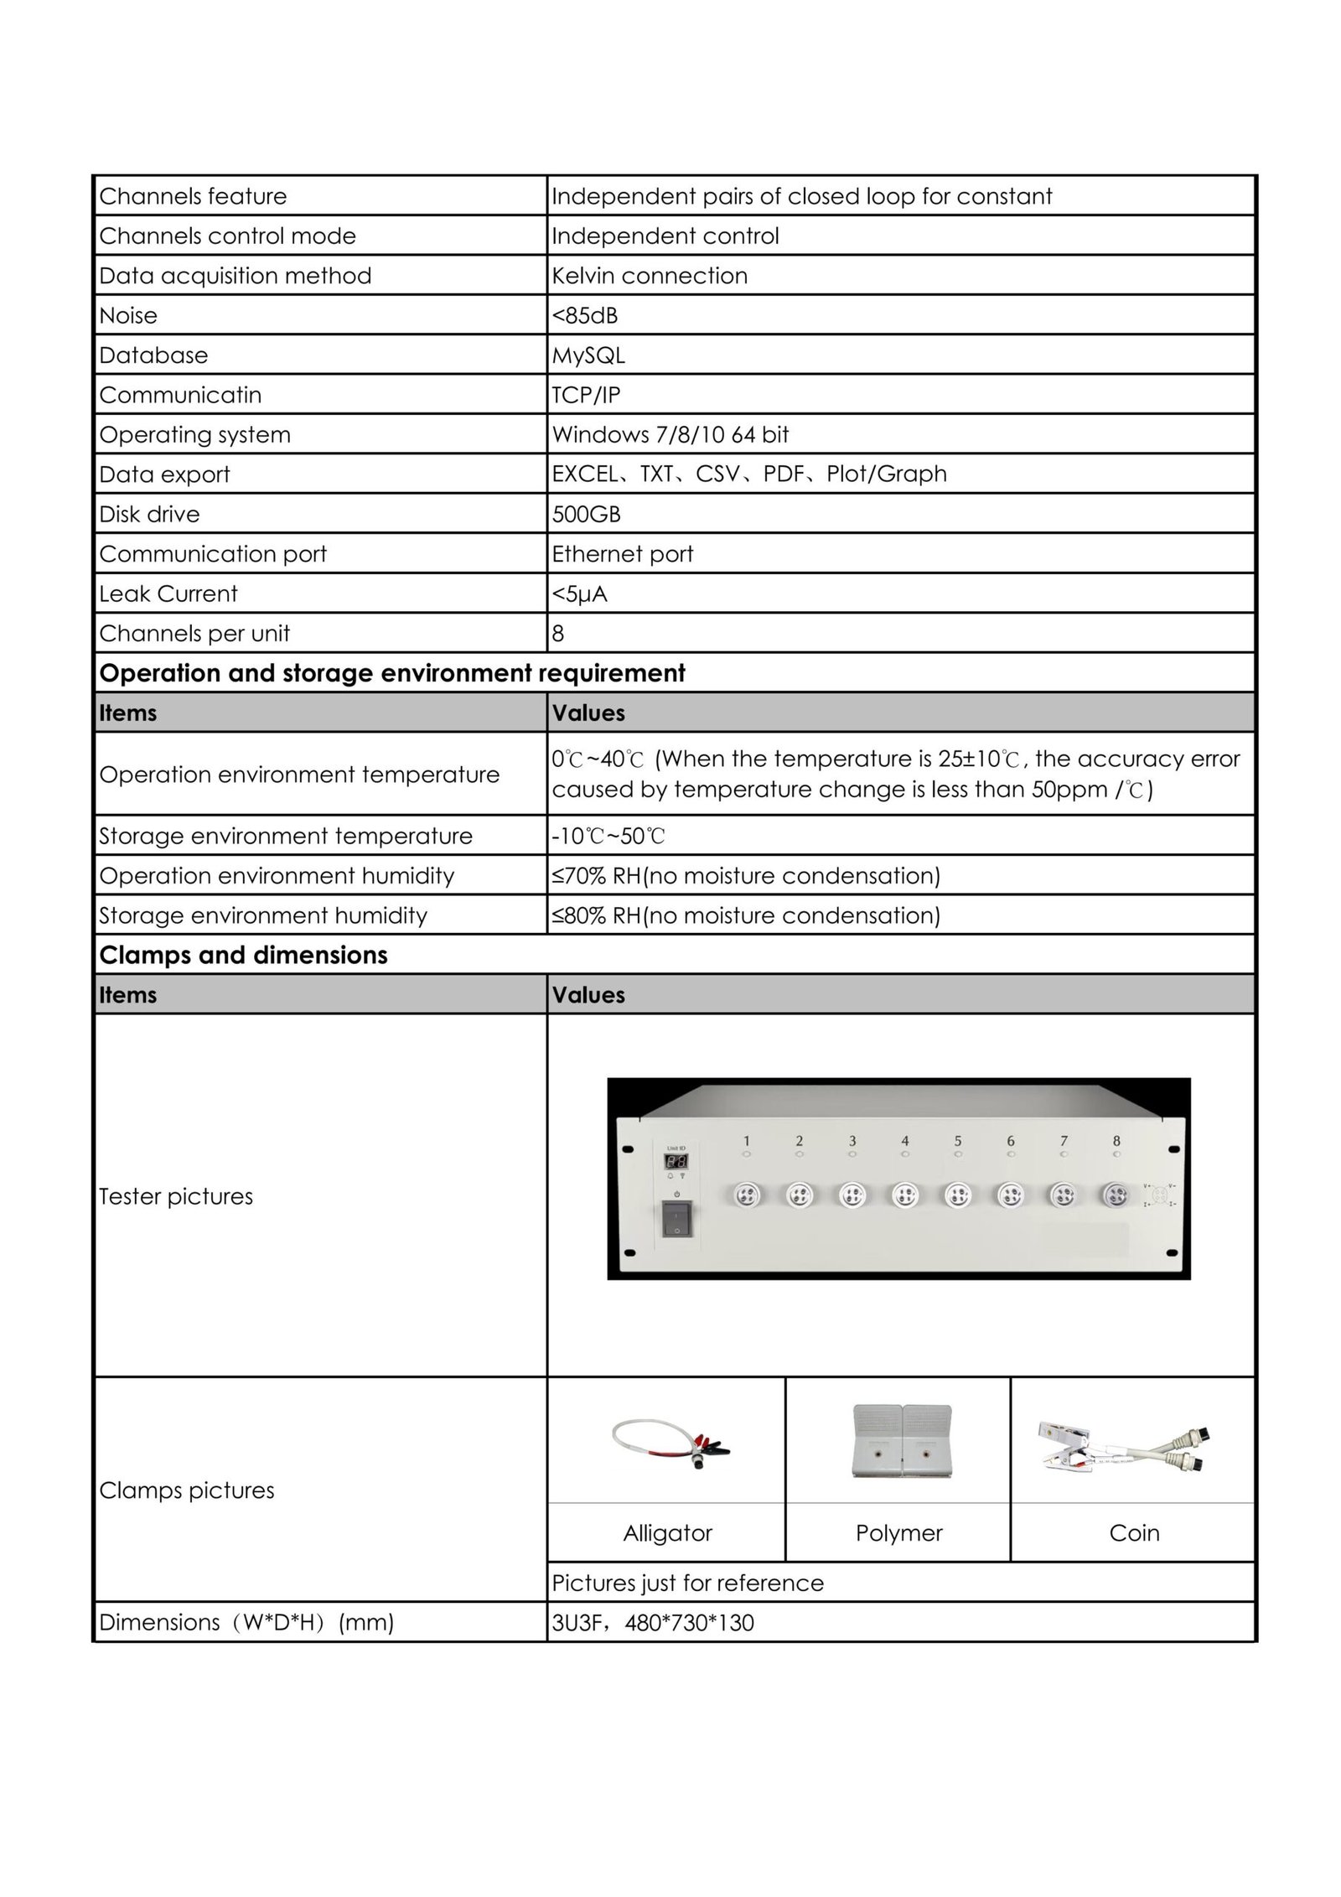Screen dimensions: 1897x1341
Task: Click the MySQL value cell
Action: [x=588, y=355]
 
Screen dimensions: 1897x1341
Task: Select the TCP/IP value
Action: [x=586, y=395]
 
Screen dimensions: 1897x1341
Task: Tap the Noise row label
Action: [x=128, y=316]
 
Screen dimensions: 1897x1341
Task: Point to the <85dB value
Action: [x=584, y=316]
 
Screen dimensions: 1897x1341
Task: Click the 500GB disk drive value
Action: [x=586, y=514]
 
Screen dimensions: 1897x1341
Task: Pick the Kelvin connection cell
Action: [x=650, y=276]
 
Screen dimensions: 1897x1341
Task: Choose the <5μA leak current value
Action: [x=579, y=593]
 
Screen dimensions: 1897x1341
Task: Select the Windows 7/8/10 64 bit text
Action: [x=670, y=434]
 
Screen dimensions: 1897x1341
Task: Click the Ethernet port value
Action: [x=622, y=554]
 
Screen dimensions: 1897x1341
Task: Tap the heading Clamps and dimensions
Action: [x=243, y=955]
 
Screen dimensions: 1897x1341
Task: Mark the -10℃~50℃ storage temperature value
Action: [x=608, y=836]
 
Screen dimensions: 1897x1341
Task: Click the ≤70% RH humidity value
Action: [x=745, y=876]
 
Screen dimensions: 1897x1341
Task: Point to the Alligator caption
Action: [x=667, y=1533]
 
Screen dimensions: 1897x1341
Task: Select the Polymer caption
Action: [x=898, y=1533]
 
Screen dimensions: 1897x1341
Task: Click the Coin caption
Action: [x=1134, y=1533]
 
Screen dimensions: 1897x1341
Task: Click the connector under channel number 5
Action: [x=956, y=1195]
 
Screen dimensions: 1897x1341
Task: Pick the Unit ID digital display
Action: [x=676, y=1162]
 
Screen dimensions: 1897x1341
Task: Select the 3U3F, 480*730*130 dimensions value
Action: [x=653, y=1623]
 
